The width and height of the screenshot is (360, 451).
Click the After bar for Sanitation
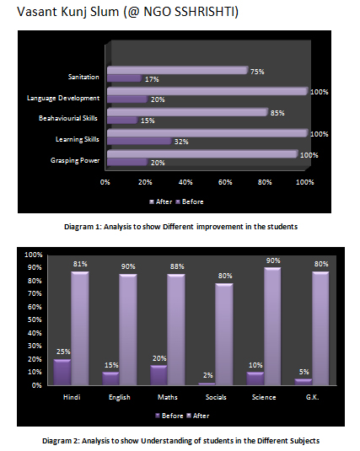(x=178, y=71)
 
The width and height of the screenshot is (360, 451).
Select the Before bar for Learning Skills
(x=139, y=141)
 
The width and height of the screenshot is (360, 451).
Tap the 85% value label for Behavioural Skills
(x=277, y=113)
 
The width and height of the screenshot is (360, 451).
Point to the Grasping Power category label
(x=75, y=160)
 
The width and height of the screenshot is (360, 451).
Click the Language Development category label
(x=63, y=98)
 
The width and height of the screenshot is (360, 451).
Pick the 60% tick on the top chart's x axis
(x=225, y=182)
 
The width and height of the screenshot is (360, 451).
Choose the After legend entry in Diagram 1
(x=161, y=201)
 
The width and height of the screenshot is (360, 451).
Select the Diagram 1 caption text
(x=180, y=227)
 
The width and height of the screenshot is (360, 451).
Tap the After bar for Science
(x=272, y=326)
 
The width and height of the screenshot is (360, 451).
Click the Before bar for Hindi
(x=62, y=373)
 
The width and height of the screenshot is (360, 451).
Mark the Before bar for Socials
(x=207, y=384)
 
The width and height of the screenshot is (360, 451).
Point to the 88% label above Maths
(x=177, y=266)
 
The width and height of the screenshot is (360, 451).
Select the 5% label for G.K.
(x=304, y=372)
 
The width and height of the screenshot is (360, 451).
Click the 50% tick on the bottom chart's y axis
(x=35, y=319)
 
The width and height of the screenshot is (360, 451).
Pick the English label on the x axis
(x=120, y=397)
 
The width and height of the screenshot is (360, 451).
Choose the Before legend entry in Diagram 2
(x=169, y=416)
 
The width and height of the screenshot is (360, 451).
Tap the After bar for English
(x=128, y=330)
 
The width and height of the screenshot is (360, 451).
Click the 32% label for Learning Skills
(x=181, y=142)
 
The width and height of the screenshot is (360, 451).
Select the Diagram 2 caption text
(x=180, y=441)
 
